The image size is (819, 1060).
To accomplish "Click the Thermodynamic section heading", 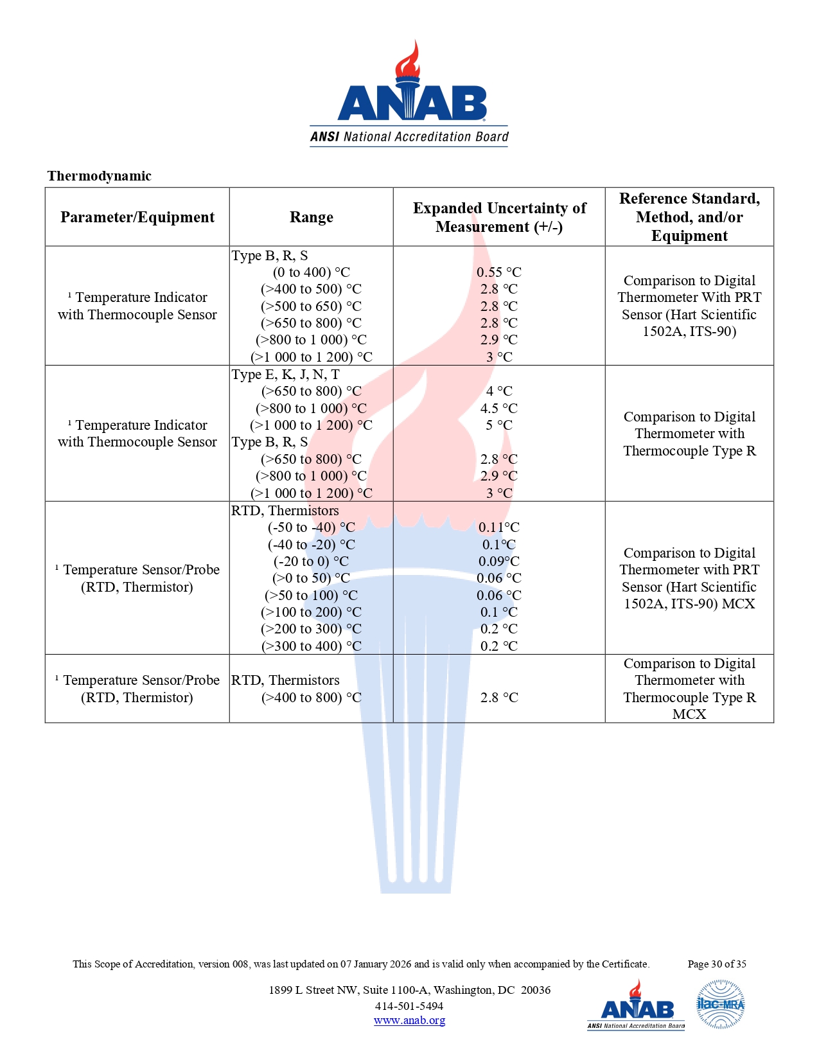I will point(99,176).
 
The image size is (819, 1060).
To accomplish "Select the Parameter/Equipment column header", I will point(137,217).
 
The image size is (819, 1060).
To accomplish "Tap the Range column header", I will point(312,217).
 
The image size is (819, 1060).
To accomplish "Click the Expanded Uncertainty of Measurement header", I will point(499,217).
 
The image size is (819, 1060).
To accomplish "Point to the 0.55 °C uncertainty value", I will point(499,272).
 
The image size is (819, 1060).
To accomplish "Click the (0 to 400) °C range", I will point(312,272).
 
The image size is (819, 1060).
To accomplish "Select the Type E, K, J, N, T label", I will point(286,375).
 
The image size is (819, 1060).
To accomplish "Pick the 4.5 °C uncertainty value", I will point(499,409).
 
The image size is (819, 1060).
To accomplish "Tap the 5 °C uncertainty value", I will point(499,425).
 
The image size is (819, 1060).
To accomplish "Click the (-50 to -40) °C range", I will point(312,527).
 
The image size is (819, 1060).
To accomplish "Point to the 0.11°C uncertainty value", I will point(499,527).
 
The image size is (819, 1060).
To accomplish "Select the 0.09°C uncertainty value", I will point(499,561).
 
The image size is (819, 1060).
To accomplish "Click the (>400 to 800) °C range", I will point(312,698).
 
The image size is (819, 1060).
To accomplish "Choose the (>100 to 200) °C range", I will point(312,612).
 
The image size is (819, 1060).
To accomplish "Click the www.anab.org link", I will point(409,1020).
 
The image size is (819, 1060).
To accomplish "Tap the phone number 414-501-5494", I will point(409,1006).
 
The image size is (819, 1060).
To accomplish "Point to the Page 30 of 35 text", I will point(717,964).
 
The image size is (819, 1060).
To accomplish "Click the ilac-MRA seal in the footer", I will point(720,1004).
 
